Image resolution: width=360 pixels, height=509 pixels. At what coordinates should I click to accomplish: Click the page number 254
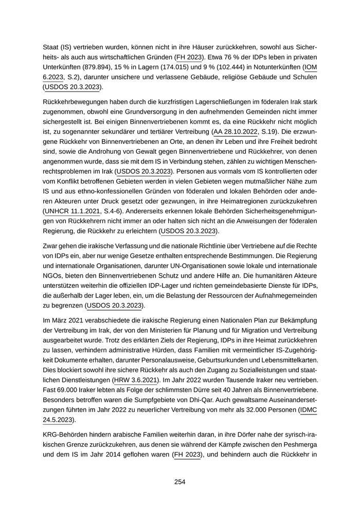(x=179, y=482)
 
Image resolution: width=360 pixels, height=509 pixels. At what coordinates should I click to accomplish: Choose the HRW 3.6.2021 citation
(x=135, y=379)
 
